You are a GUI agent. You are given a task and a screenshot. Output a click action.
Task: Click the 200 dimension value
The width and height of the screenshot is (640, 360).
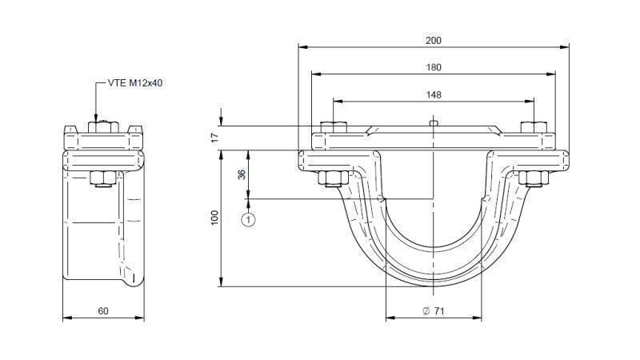(433, 40)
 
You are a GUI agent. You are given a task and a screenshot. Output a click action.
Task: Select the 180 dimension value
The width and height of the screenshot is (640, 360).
(433, 67)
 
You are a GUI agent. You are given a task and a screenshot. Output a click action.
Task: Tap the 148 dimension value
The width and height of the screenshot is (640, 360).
(433, 94)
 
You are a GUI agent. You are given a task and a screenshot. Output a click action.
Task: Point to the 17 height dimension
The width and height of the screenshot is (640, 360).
(214, 137)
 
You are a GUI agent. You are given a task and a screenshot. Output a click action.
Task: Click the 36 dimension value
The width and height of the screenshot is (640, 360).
(242, 174)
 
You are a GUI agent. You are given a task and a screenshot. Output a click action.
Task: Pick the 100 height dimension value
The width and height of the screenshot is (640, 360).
(214, 218)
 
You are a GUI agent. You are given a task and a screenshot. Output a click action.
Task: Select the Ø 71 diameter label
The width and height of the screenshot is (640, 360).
(433, 310)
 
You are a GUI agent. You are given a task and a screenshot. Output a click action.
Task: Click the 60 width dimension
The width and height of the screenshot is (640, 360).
(103, 310)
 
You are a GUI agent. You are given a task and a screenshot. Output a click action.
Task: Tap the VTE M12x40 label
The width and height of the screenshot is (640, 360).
(136, 82)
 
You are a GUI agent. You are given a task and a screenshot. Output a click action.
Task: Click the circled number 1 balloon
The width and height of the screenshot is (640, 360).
(249, 218)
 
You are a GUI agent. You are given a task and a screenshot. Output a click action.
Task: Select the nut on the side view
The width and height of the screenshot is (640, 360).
(101, 178)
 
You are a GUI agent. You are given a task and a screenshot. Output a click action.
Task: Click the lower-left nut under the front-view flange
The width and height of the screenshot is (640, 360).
(334, 178)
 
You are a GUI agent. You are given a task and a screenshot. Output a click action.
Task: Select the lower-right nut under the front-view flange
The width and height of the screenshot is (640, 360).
(532, 178)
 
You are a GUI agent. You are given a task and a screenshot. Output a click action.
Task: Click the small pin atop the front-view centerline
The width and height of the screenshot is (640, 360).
(433, 122)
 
